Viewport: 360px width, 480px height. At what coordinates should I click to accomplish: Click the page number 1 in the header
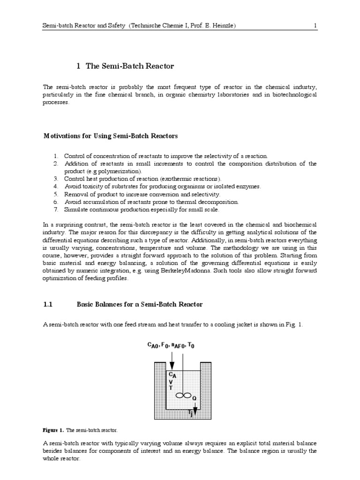pyautogui.click(x=315, y=26)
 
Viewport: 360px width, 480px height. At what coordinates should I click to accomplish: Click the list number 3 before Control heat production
pyautogui.click(x=55, y=179)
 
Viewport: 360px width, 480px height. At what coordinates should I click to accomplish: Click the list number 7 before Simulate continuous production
pyautogui.click(x=55, y=209)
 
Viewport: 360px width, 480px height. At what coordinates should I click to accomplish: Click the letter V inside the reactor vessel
pyautogui.click(x=171, y=382)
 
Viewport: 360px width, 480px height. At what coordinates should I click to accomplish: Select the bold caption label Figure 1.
pyautogui.click(x=53, y=430)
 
